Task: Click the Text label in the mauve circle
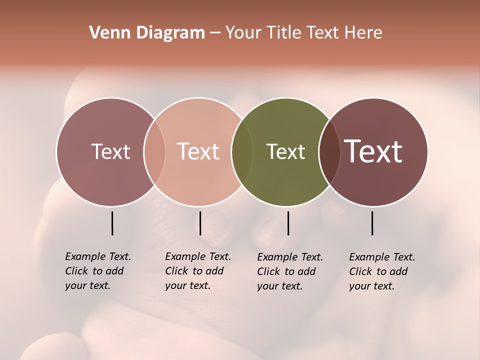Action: tap(110, 151)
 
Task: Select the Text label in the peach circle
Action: tap(198, 151)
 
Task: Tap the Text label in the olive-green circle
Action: tap(285, 151)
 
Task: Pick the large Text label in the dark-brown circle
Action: tap(373, 151)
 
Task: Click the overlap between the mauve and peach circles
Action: tap(154, 152)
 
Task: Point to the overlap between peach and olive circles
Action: tap(242, 152)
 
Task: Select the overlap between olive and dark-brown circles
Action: tap(329, 152)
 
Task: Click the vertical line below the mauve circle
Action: tap(112, 223)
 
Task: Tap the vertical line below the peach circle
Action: tap(200, 223)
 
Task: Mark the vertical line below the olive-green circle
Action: tap(288, 223)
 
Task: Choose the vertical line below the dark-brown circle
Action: tap(372, 223)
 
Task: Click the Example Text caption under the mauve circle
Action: tap(97, 271)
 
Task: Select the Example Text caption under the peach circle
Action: tap(197, 271)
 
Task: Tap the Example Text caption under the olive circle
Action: tap(289, 271)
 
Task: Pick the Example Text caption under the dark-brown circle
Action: tap(381, 271)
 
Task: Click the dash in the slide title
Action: tap(215, 33)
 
